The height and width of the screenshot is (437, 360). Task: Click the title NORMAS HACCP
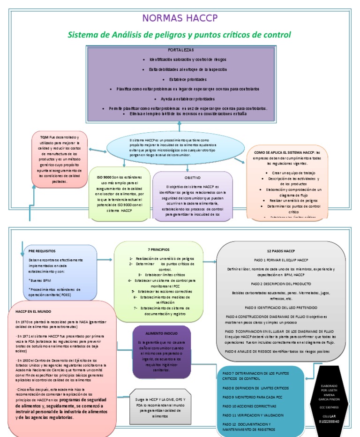[180, 18]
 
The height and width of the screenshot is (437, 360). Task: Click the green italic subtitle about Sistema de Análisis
[180, 35]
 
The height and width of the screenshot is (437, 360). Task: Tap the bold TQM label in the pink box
[45, 136]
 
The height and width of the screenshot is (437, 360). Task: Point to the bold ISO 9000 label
[104, 177]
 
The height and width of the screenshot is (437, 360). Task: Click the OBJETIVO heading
[192, 178]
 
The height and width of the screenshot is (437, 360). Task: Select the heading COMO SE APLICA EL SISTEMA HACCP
[284, 153]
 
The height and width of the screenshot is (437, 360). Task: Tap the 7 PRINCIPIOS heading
[159, 249]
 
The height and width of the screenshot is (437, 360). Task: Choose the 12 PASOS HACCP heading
[280, 251]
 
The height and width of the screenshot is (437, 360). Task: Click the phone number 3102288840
[335, 421]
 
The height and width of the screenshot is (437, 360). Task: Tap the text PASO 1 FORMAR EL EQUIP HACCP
[280, 260]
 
